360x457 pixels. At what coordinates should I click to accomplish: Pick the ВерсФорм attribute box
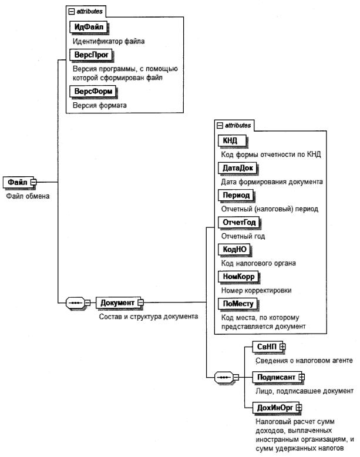92,92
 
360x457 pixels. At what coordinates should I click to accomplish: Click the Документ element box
117,303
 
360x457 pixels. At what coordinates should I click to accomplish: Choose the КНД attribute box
231,141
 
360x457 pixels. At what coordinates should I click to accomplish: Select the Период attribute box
234,195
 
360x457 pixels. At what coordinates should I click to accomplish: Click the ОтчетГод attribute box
239,223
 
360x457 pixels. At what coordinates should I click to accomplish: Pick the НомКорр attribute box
238,277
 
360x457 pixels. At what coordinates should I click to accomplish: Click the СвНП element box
265,348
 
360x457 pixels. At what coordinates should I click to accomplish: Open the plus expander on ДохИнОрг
298,406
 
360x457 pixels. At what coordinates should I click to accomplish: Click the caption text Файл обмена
28,196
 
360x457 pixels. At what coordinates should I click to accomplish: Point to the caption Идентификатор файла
109,42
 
